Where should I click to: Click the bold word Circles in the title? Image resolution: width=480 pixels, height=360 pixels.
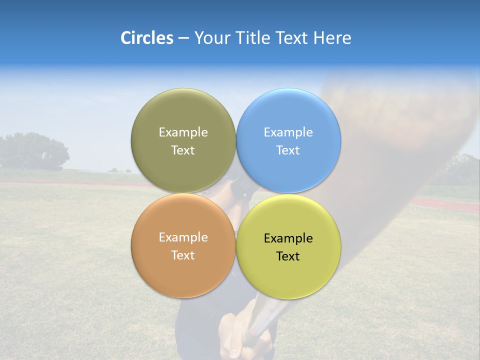(146, 38)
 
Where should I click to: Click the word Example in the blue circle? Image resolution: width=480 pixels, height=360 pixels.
(288, 132)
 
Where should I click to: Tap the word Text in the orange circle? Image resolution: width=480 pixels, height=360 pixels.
(183, 255)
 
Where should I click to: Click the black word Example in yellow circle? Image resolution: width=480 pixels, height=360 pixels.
(288, 238)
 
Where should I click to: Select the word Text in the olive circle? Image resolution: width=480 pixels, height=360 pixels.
(183, 150)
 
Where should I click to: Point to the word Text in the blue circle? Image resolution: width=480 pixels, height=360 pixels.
(288, 150)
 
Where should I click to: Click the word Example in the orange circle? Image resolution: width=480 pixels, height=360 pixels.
(183, 237)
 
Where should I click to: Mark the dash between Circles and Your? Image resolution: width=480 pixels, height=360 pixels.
(183, 38)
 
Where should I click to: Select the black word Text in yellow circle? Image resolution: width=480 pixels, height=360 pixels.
(288, 256)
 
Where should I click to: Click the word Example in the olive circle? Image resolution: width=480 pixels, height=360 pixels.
(183, 132)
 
